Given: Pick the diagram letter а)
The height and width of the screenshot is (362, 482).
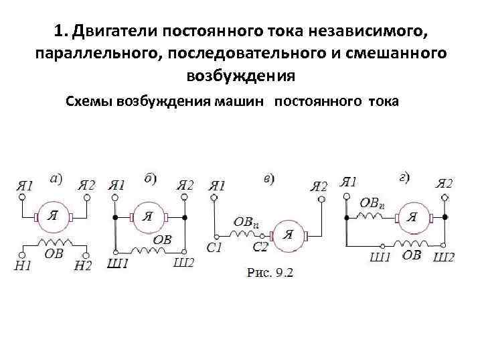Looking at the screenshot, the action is pos(56,179).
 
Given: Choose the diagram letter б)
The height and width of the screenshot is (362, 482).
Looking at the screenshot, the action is pos(151,178).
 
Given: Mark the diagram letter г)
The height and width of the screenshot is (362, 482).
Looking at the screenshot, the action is pos(404,178).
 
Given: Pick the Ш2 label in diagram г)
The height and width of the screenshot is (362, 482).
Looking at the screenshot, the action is pos(444,256).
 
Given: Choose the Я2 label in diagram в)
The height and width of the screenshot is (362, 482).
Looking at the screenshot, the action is pos(319,186).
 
